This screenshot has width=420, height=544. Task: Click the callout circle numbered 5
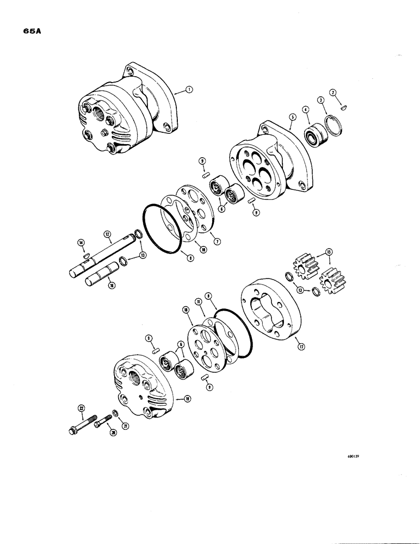click(x=292, y=116)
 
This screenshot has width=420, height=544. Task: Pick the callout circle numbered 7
click(x=217, y=242)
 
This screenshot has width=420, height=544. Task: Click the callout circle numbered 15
click(x=328, y=251)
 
